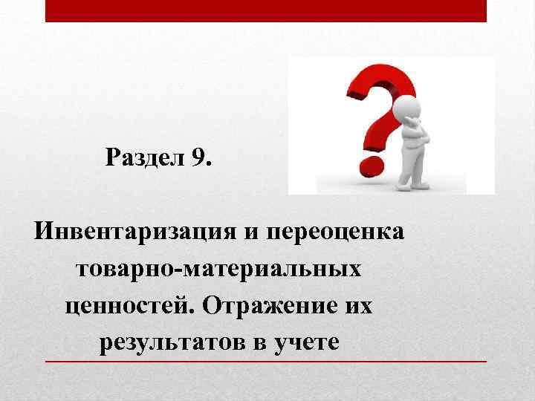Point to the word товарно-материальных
tap(218, 267)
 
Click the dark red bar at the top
tap(266, 10)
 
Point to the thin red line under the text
tap(266, 361)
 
